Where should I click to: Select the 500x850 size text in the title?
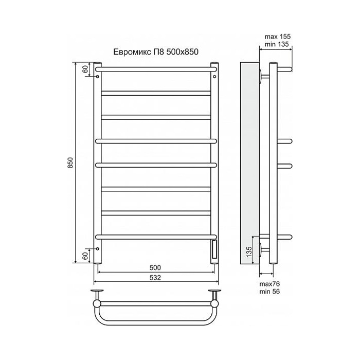coord(181,51)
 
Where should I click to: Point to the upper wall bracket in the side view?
coord(264,76)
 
